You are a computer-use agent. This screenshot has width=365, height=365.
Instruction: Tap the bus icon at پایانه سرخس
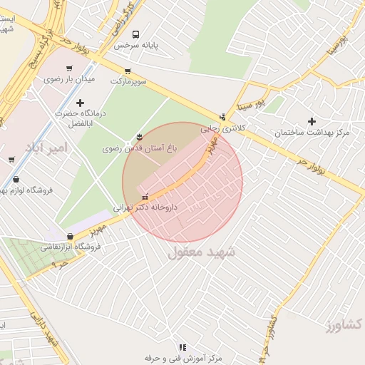[135, 34]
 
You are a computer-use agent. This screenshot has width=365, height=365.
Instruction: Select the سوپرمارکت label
[128, 81]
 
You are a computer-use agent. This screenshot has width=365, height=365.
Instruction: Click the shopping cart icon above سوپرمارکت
[128, 71]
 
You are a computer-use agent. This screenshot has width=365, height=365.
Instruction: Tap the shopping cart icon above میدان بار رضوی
[68, 68]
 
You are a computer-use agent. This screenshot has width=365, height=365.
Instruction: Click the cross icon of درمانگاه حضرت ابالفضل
[80, 103]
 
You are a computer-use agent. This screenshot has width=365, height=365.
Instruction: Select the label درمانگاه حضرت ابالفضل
[80, 118]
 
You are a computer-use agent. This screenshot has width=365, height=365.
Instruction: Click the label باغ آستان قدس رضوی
[143, 149]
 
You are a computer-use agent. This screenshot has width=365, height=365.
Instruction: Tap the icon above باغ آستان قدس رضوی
[139, 137]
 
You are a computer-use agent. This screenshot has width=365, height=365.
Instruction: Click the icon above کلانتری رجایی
[222, 118]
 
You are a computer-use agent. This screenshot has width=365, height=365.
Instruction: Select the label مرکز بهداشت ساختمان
[314, 133]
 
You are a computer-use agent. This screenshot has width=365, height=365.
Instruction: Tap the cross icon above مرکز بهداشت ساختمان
[312, 121]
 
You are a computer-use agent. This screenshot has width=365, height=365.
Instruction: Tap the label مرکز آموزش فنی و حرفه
[182, 358]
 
